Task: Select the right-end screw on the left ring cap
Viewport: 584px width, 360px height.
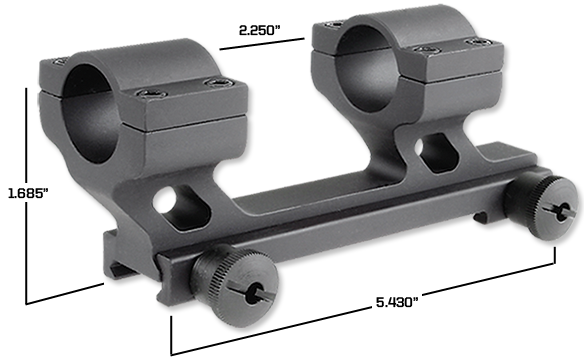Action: pyautogui.click(x=212, y=84)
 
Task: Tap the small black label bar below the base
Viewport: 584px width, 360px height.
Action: pyautogui.click(x=396, y=299)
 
